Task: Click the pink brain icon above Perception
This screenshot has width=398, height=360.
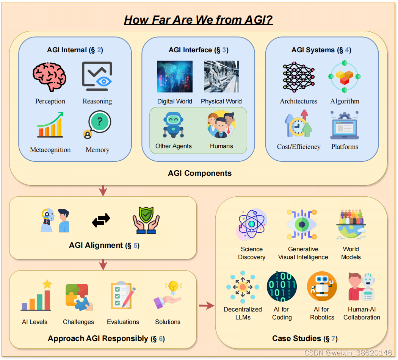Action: tap(50, 77)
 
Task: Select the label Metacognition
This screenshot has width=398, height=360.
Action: tap(50, 150)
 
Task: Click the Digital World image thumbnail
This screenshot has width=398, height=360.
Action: tap(174, 77)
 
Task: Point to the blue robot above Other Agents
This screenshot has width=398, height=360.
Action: tap(173, 125)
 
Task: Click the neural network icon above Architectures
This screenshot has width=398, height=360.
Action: tap(298, 77)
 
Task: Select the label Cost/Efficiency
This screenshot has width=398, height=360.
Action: tap(299, 147)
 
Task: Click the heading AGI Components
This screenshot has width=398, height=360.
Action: tap(200, 173)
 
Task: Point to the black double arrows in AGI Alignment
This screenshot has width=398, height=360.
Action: tap(101, 220)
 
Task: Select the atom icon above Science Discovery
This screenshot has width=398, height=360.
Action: tap(251, 224)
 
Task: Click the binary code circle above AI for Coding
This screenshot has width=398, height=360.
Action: tap(282, 287)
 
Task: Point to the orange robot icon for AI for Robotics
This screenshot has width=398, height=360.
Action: tap(322, 287)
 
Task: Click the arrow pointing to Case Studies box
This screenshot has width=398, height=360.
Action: tap(206, 305)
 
